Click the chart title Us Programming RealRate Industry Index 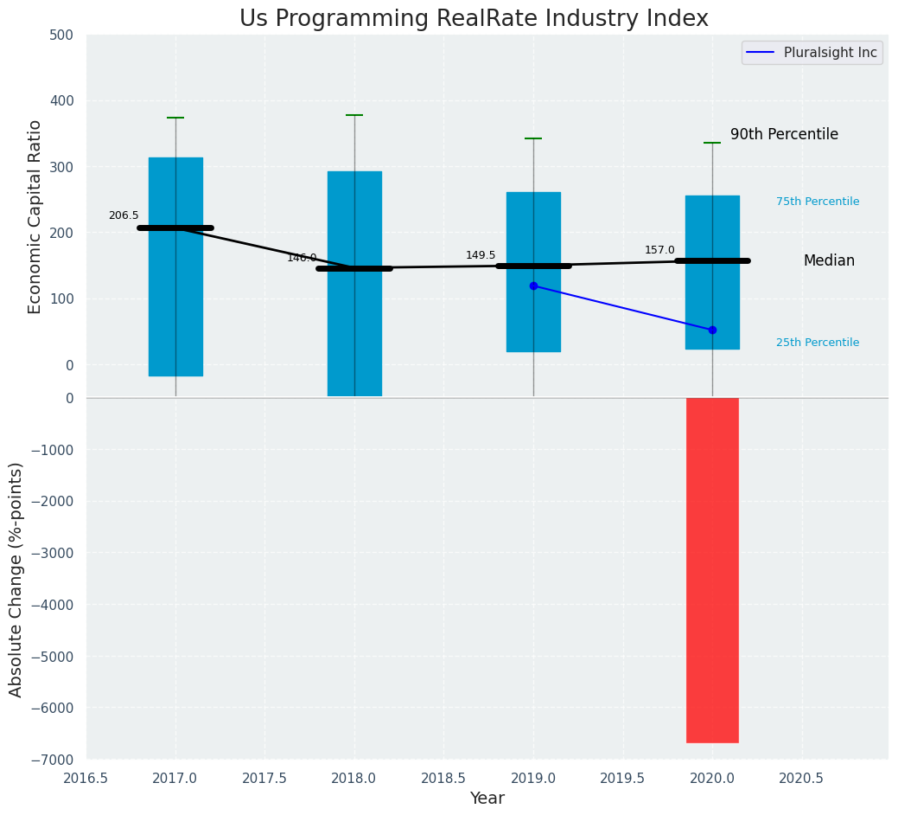pos(474,19)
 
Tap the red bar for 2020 pos(712,570)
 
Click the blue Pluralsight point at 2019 pos(533,286)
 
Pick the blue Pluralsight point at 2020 pos(712,330)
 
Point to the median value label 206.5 pos(124,215)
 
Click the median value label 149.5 pos(481,255)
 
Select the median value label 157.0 pos(659,250)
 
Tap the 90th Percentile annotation pos(784,135)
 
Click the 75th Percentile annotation pos(817,202)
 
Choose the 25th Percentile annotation pos(817,343)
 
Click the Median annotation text pos(829,261)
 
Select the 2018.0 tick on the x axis pos(354,778)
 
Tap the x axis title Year pos(487,799)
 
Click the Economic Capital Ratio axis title pos(35,216)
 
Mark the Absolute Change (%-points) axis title pos(16,579)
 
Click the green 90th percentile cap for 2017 pos(175,118)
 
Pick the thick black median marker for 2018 pos(354,268)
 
